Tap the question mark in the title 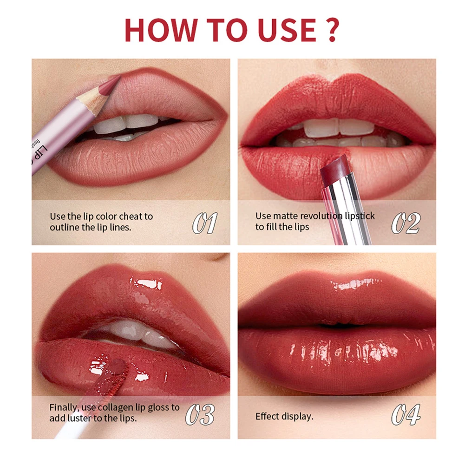[331, 30]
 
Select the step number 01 [205, 223]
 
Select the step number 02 [406, 223]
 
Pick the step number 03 [200, 414]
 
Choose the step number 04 [406, 414]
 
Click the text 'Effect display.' [284, 416]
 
